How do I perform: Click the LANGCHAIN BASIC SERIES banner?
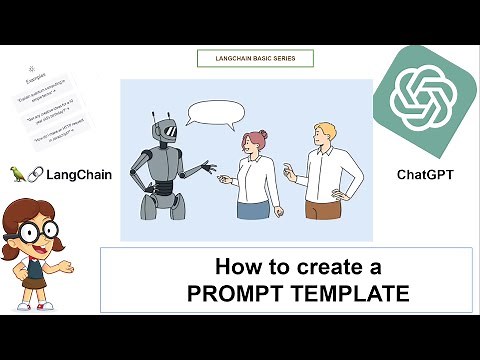pyautogui.click(x=255, y=58)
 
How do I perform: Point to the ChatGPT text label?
pyautogui.click(x=424, y=174)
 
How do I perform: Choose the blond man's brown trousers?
pyautogui.click(x=323, y=210)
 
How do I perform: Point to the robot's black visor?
pyautogui.click(x=168, y=130)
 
